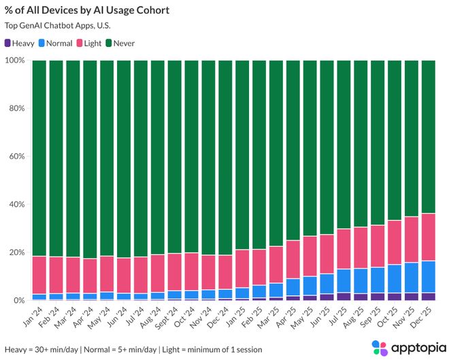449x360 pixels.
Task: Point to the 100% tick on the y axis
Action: click(x=14, y=61)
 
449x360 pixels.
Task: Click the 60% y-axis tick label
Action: click(x=16, y=157)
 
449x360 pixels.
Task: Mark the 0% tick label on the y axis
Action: click(x=18, y=300)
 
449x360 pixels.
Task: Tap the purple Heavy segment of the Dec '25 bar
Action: click(x=428, y=297)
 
